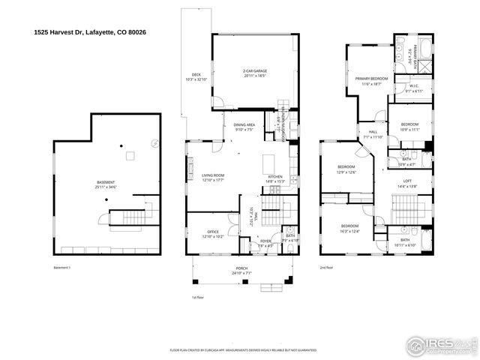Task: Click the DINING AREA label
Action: click(244, 127)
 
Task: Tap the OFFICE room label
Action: click(213, 234)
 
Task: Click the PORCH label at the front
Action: click(241, 270)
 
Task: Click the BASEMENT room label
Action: click(106, 184)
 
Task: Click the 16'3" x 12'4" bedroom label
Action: click(350, 228)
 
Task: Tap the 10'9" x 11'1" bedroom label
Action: click(409, 126)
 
